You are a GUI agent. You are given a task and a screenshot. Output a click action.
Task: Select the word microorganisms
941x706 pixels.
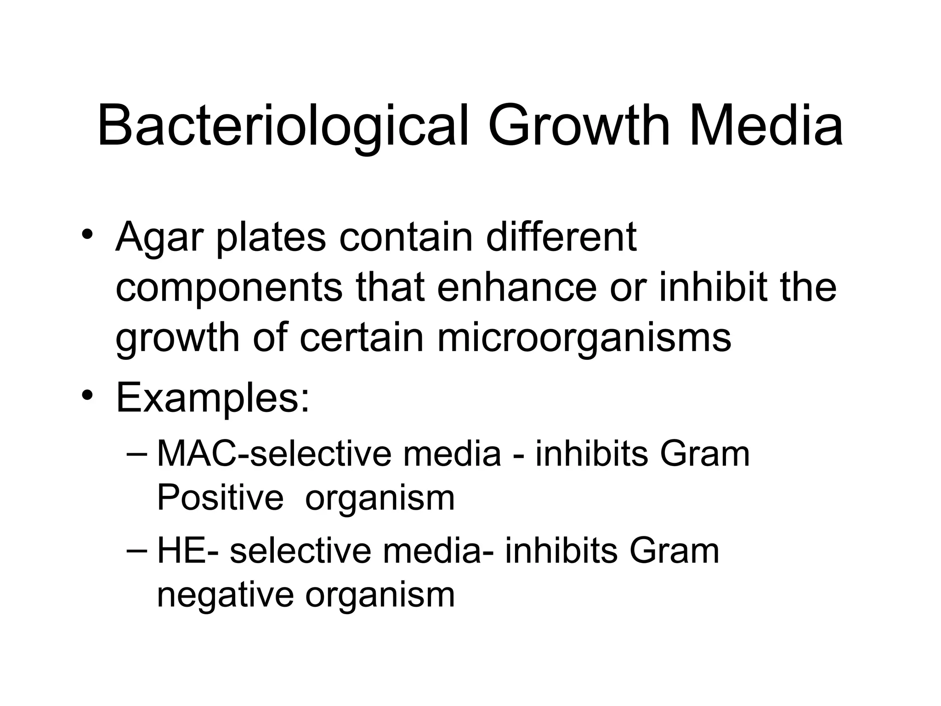(584, 338)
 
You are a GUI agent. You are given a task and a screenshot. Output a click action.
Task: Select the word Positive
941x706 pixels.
(220, 498)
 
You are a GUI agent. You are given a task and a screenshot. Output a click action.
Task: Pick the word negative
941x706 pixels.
(225, 596)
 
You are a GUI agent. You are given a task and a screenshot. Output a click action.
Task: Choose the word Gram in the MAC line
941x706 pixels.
(704, 454)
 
